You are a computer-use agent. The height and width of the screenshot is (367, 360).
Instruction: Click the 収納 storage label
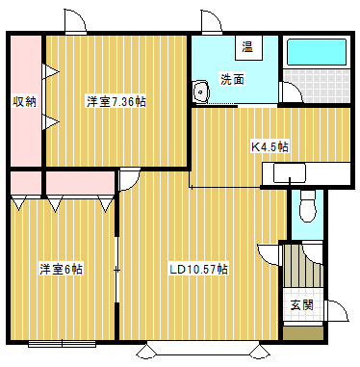click(24, 100)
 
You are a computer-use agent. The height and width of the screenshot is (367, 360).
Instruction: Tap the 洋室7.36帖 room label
click(116, 101)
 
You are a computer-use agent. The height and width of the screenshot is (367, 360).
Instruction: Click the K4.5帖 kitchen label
click(270, 146)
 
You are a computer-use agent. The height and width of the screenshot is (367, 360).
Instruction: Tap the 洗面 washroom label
click(231, 79)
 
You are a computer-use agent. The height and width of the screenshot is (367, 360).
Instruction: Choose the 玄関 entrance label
click(301, 304)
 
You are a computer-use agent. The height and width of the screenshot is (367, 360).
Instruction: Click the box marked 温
click(247, 47)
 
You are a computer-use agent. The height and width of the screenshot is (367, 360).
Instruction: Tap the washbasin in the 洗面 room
click(202, 92)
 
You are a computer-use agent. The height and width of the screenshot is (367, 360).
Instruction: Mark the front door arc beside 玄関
click(337, 312)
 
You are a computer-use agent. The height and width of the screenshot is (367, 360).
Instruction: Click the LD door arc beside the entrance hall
click(269, 252)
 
